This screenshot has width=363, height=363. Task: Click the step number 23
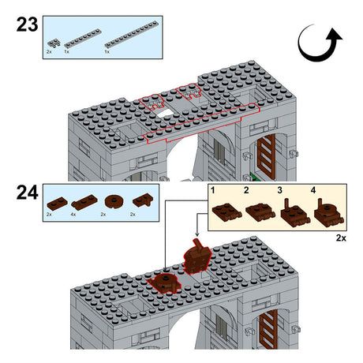click(27, 24)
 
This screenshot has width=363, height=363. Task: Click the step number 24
click(27, 193)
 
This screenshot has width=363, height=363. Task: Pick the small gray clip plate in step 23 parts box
click(54, 43)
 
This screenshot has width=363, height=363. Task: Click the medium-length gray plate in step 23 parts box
click(83, 39)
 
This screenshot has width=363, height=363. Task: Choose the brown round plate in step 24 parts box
click(113, 202)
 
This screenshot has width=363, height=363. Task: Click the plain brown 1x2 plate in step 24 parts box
click(57, 203)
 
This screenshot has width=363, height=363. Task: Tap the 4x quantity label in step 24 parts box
click(73, 215)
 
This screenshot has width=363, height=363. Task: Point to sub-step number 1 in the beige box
click(213, 190)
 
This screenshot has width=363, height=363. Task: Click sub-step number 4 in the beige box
click(313, 190)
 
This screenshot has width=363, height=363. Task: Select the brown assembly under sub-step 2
click(260, 212)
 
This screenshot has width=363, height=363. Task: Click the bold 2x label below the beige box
click(341, 238)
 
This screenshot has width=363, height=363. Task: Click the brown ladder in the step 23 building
click(266, 158)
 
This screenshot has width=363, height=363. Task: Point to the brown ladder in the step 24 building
click(268, 329)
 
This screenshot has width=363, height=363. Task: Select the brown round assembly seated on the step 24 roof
click(165, 283)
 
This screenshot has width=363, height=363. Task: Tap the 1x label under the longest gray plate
click(107, 52)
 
